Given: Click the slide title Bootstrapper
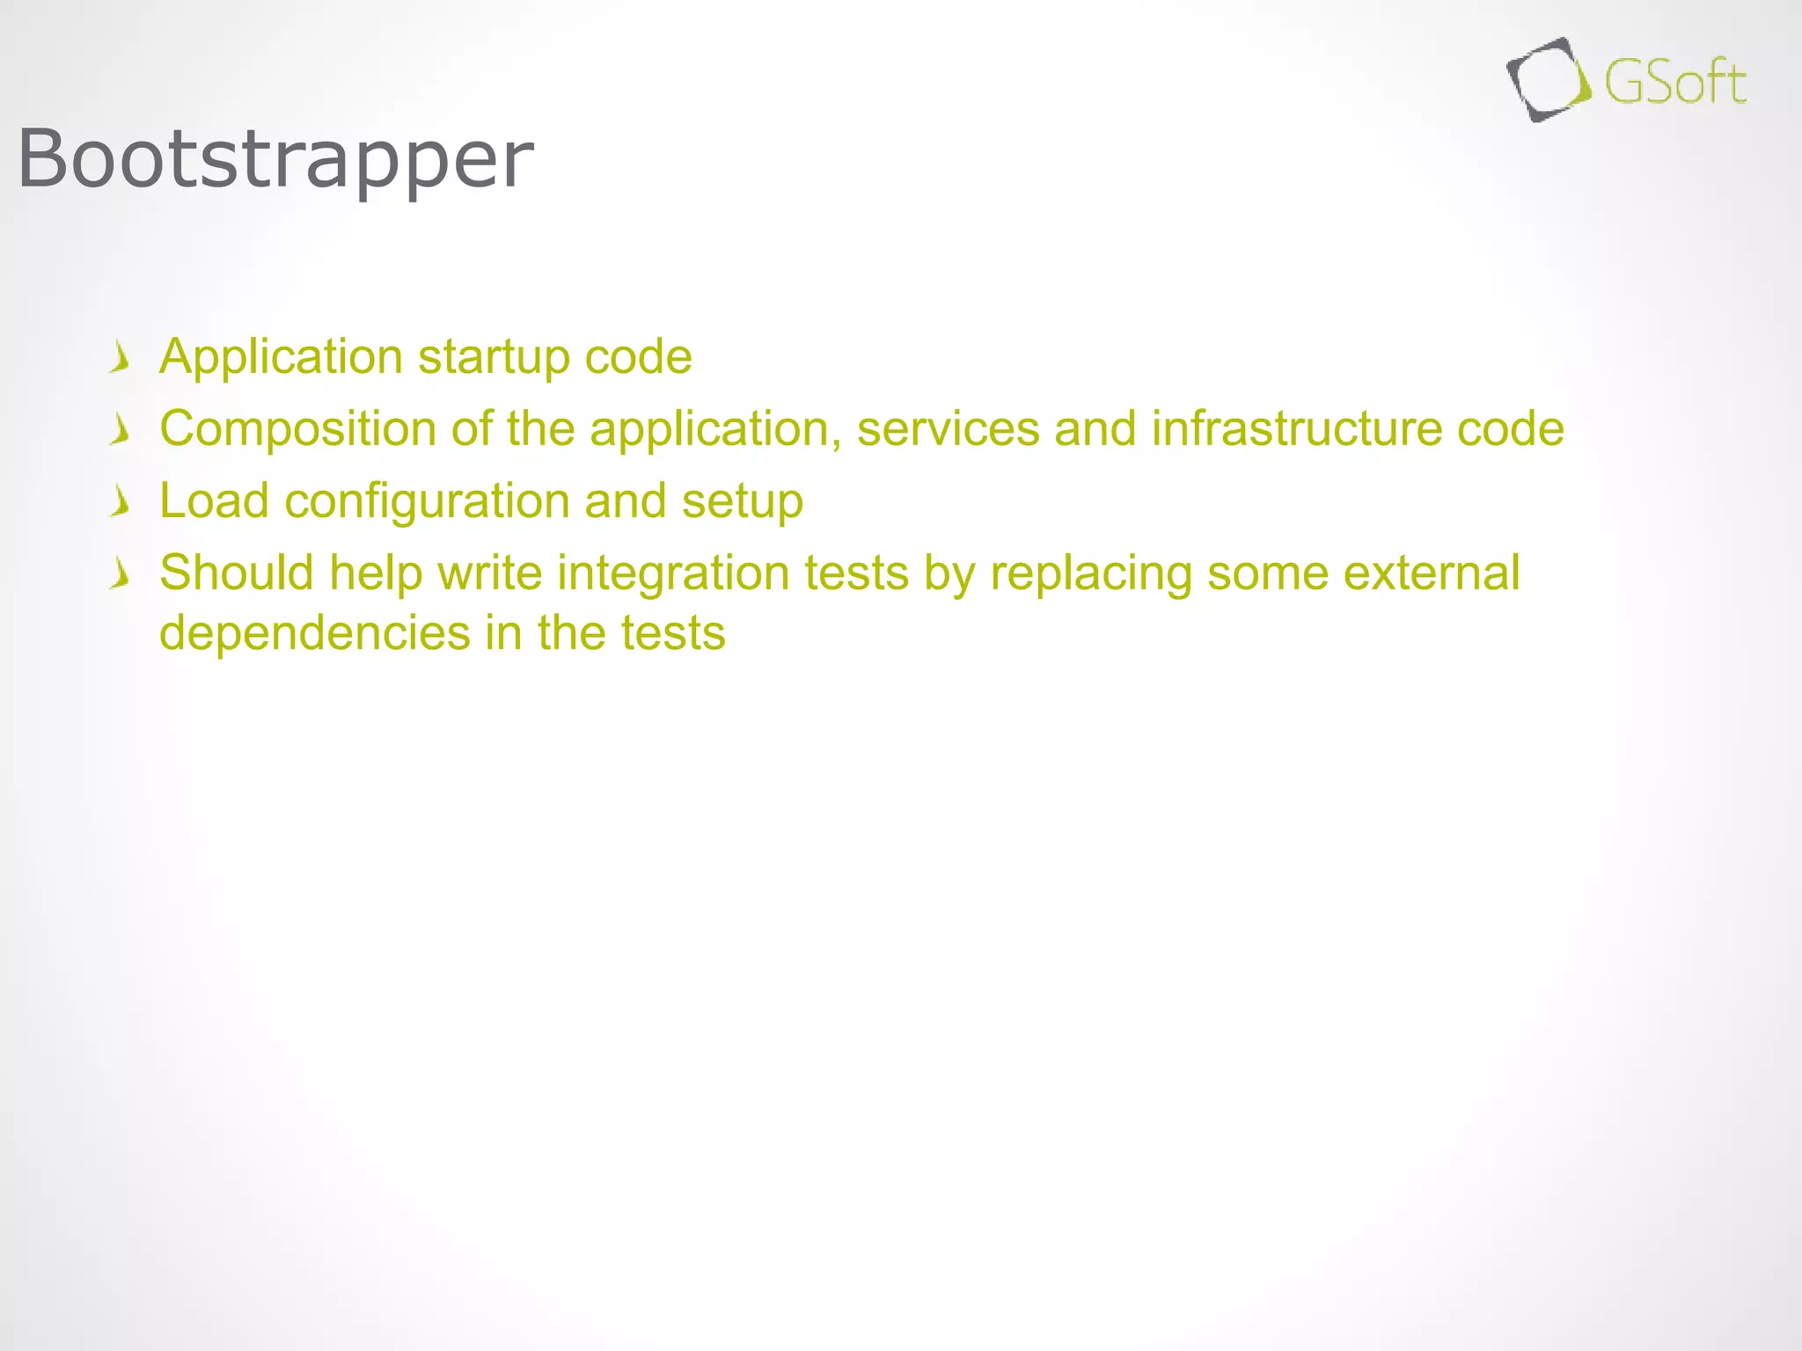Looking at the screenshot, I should [x=275, y=159].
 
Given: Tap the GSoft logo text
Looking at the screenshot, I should [x=1675, y=83].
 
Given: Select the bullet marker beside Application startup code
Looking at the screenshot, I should [x=121, y=358].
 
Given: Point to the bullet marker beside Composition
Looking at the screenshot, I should [x=121, y=430].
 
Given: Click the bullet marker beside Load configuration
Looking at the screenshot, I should [x=121, y=502].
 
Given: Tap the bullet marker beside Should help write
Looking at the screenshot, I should [x=121, y=574].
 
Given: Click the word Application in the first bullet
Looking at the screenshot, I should [x=281, y=358].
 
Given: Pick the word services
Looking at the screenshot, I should [x=948, y=429].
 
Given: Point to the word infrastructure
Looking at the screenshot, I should [x=1296, y=429].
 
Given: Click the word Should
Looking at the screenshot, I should [x=237, y=573].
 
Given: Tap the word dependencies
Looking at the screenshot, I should [x=315, y=633].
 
